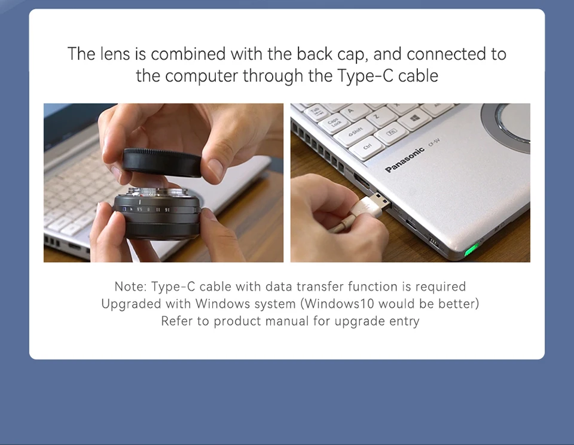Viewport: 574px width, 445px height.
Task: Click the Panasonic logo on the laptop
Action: pos(405,159)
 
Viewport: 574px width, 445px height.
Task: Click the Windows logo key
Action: pos(415,119)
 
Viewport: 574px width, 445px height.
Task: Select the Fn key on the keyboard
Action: pos(392,134)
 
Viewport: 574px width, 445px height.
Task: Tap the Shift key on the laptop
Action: pos(355,132)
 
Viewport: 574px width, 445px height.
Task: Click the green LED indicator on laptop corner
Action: pos(472,248)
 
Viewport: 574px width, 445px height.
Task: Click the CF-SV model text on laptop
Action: pos(434,144)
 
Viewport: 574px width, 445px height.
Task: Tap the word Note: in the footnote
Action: pos(130,286)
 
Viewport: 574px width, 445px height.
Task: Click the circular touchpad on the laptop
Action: pos(509,126)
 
